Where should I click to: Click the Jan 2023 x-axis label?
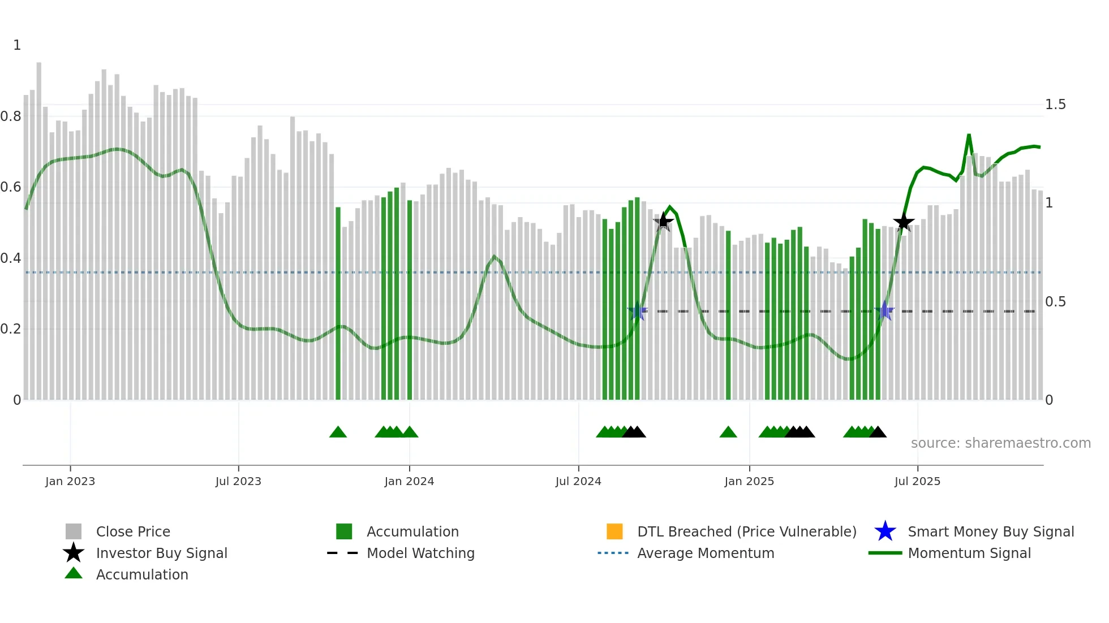70,481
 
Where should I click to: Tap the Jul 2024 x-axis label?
578,481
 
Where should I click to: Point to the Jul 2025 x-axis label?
917,481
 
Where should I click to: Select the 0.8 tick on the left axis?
11,116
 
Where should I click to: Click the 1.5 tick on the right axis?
1055,105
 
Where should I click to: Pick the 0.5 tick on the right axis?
1055,302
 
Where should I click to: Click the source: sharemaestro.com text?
1000,443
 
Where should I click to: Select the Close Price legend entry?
133,531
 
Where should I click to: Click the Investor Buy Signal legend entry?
161,553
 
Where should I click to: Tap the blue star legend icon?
885,531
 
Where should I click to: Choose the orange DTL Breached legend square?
614,531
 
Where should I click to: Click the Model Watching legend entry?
420,553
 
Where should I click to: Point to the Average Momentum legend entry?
705,553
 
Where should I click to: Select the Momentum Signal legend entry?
969,553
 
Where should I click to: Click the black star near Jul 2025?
904,222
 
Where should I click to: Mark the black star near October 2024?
663,222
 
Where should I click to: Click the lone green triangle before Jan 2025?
728,432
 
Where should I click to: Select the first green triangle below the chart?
338,432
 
